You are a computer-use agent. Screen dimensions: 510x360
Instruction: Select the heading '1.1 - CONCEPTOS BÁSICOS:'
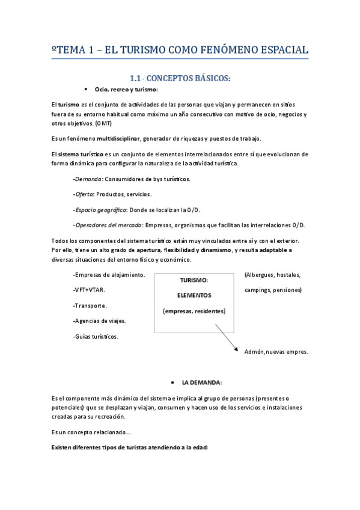pyautogui.click(x=180, y=78)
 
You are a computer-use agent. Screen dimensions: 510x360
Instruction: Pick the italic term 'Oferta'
pyautogui.click(x=84, y=194)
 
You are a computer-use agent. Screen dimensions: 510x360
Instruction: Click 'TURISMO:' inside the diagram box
pyautogui.click(x=194, y=280)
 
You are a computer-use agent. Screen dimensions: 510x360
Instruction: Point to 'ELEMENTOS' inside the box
pyautogui.click(x=194, y=295)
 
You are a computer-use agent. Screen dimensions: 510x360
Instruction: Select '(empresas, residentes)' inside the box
pyautogui.click(x=194, y=311)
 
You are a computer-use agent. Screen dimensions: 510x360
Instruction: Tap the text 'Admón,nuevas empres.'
pyautogui.click(x=276, y=352)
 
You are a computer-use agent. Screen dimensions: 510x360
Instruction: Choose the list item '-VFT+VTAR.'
pyautogui.click(x=88, y=290)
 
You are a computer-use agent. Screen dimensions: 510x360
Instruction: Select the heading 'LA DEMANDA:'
pyautogui.click(x=202, y=382)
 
